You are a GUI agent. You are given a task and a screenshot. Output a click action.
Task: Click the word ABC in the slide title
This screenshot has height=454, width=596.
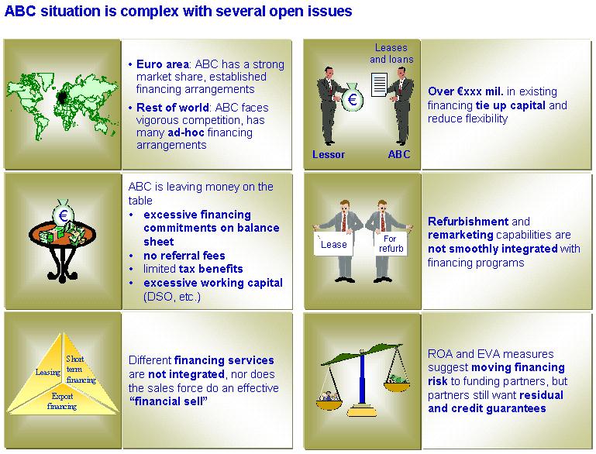point(20,11)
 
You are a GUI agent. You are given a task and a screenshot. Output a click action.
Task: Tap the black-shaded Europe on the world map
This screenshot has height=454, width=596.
point(62,98)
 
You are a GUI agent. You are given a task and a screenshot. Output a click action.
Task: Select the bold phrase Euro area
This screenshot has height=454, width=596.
point(162,64)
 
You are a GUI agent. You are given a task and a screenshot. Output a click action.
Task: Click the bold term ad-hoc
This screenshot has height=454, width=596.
point(186,132)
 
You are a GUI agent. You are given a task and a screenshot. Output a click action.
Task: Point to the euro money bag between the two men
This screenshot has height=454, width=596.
point(353,97)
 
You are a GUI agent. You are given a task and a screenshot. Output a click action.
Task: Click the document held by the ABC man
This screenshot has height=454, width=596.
point(379,84)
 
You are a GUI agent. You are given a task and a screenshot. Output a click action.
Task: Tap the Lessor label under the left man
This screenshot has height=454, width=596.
point(329,154)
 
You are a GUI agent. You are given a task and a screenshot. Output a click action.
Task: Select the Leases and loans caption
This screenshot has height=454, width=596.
point(391,53)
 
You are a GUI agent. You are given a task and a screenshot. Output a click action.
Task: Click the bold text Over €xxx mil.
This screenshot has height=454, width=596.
point(466,91)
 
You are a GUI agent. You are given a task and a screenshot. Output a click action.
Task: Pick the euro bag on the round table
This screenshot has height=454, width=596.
point(63,214)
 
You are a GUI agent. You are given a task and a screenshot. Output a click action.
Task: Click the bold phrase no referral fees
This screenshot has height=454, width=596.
point(184,256)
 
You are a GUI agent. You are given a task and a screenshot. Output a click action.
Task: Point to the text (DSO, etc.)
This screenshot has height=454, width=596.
point(172,296)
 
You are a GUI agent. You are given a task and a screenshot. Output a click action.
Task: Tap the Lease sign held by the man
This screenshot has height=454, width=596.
point(333,244)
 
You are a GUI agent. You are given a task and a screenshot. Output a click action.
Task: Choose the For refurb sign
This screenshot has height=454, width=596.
point(391,243)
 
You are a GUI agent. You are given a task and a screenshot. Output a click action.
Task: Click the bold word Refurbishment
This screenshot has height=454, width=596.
point(468,221)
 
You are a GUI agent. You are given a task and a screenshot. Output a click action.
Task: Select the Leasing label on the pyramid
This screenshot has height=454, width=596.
point(48,372)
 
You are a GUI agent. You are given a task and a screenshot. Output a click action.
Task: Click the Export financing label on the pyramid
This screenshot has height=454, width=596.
point(62,401)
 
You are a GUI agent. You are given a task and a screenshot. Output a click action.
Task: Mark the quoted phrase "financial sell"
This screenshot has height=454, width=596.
point(168,401)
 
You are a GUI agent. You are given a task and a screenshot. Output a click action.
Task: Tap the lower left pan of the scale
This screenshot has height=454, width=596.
point(329,404)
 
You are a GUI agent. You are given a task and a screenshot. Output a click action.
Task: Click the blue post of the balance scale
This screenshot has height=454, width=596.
point(362,379)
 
